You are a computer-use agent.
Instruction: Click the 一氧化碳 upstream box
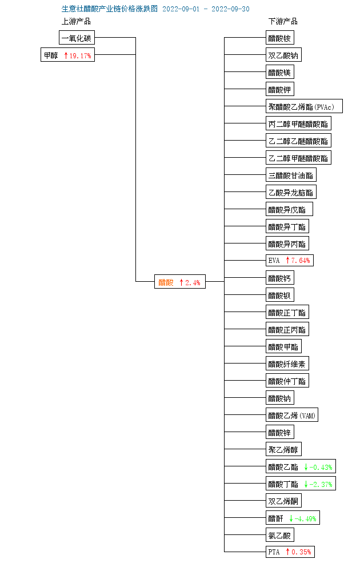[x=77, y=38]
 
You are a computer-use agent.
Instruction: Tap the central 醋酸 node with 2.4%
[x=180, y=282]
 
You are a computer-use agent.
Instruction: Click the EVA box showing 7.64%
[x=290, y=261]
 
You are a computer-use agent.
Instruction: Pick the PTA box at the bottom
[x=290, y=552]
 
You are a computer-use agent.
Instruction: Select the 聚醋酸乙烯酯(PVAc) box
[x=305, y=107]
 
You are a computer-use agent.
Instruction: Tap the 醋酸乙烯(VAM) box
[x=292, y=416]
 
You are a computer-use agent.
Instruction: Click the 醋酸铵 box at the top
[x=280, y=38]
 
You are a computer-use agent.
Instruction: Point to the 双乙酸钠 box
[x=283, y=55]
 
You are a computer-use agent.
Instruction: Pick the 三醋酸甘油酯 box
[x=291, y=175]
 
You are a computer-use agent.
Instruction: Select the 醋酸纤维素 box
[x=287, y=364]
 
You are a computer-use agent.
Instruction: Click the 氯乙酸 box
[x=280, y=536]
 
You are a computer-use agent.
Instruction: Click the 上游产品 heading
[x=76, y=22]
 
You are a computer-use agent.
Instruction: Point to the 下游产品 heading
[x=283, y=22]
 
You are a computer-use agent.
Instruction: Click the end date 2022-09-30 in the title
[x=230, y=9]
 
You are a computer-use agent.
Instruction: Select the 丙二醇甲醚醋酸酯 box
[x=298, y=124]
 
